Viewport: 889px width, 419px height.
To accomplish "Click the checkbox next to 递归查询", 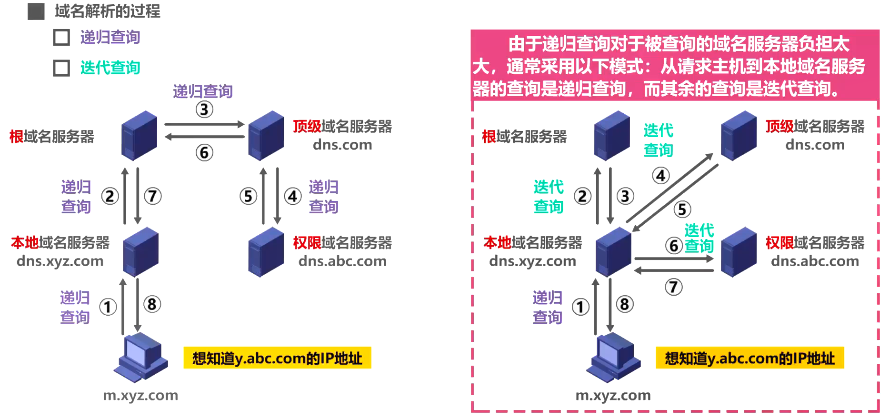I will coord(61,38).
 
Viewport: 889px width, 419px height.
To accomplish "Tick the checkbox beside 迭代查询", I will coord(61,68).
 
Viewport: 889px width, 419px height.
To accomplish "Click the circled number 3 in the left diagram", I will coord(204,110).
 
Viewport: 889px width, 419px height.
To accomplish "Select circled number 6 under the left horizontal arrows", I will coord(204,153).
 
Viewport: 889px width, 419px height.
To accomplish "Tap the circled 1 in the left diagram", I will coord(108,307).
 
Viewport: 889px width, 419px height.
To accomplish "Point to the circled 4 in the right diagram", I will coord(661,176).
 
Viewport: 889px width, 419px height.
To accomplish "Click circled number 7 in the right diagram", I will coord(673,287).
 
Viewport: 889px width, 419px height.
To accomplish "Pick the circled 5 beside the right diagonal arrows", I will coord(682,209).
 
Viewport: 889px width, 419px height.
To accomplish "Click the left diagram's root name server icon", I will coord(139,135).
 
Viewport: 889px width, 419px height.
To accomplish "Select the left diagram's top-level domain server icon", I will coord(266,135).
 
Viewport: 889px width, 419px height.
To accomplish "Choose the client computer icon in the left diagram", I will coord(140,357).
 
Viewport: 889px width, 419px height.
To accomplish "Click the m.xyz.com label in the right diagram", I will coord(613,395).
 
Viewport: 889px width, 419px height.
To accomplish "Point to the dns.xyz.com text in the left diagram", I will coord(60,261).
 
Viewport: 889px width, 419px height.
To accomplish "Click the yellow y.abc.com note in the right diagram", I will coord(749,358).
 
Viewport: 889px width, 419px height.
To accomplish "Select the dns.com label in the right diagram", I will coord(815,145).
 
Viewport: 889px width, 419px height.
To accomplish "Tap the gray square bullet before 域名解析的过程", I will coord(36,11).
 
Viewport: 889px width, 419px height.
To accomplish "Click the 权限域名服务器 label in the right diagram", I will coord(815,243).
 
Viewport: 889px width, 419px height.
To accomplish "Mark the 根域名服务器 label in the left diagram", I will coord(52,137).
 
